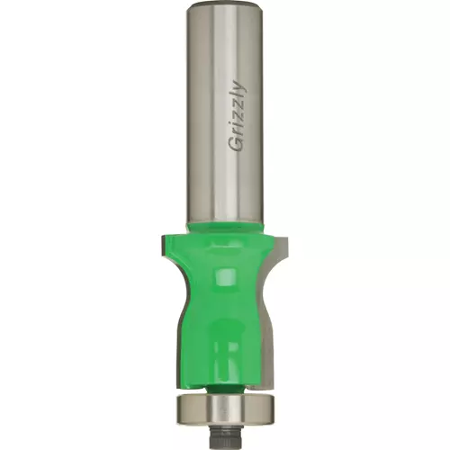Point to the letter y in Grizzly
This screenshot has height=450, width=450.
coord(241,85)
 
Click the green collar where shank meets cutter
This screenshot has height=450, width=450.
coord(225,227)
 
